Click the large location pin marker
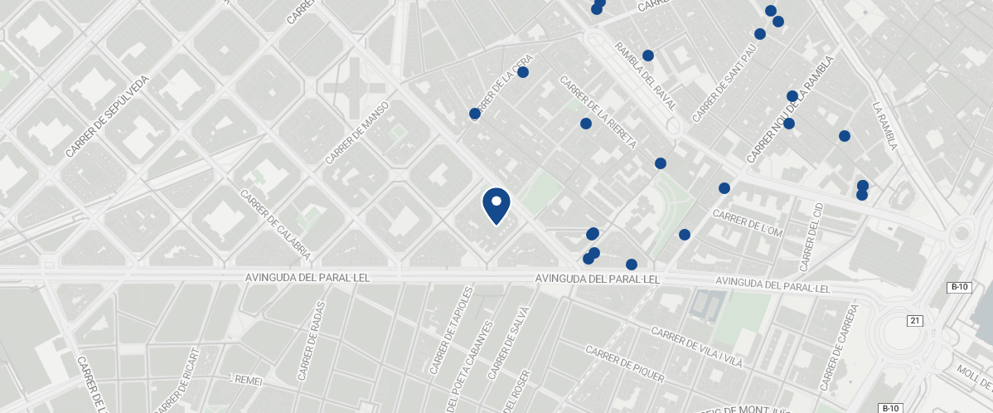(496, 205)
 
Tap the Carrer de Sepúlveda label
(107, 117)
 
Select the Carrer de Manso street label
(357, 133)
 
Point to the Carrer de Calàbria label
(275, 224)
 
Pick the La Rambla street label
(884, 126)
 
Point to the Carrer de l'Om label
(748, 222)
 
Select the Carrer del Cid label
(810, 236)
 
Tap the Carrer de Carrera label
(838, 347)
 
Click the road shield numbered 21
(914, 321)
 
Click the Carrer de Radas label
(312, 340)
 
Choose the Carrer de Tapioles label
(451, 331)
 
